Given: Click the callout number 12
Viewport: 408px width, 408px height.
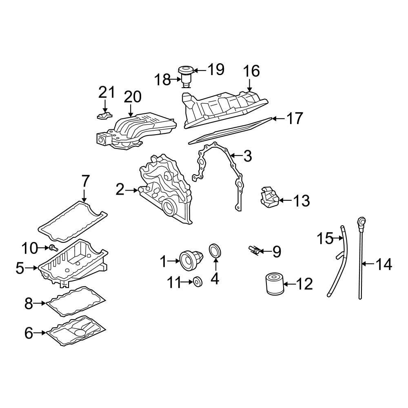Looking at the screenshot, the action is [304, 284].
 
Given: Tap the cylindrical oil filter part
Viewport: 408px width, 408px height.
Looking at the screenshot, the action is [275, 284].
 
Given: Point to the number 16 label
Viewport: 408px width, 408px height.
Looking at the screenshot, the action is [251, 71].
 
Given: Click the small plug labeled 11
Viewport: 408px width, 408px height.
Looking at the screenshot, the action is [198, 282].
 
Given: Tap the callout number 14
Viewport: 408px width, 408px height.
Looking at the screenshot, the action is [384, 264].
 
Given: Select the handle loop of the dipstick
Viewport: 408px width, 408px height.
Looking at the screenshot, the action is [361, 222].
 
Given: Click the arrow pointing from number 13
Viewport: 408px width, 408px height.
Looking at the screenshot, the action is [285, 200].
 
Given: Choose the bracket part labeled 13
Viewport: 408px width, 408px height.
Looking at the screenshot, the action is [269, 197].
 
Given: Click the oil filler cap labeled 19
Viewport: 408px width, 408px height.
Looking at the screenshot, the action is [186, 70].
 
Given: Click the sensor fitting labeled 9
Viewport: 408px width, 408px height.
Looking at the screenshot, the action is [254, 251].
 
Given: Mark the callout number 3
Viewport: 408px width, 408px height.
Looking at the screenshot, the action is [247, 156].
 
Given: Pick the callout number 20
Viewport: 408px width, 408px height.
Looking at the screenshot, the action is [133, 97].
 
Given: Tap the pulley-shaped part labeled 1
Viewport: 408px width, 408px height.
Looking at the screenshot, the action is [191, 261].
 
